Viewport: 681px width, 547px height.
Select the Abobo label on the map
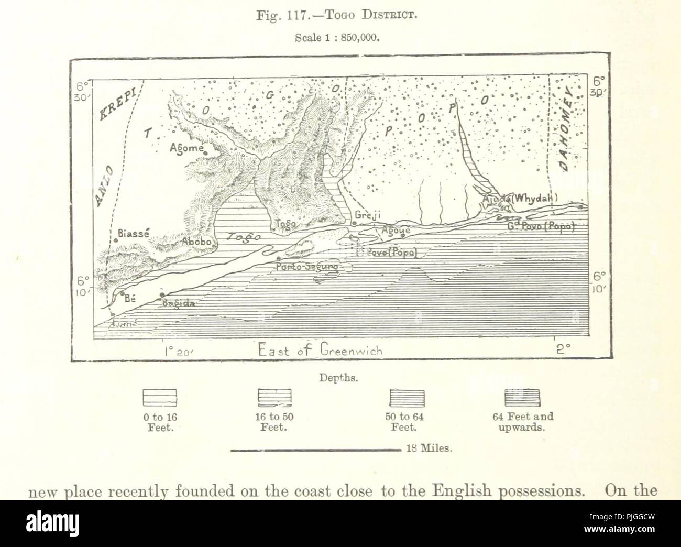196,243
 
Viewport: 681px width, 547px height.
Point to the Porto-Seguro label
306,267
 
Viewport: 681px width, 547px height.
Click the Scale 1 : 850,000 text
341,38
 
